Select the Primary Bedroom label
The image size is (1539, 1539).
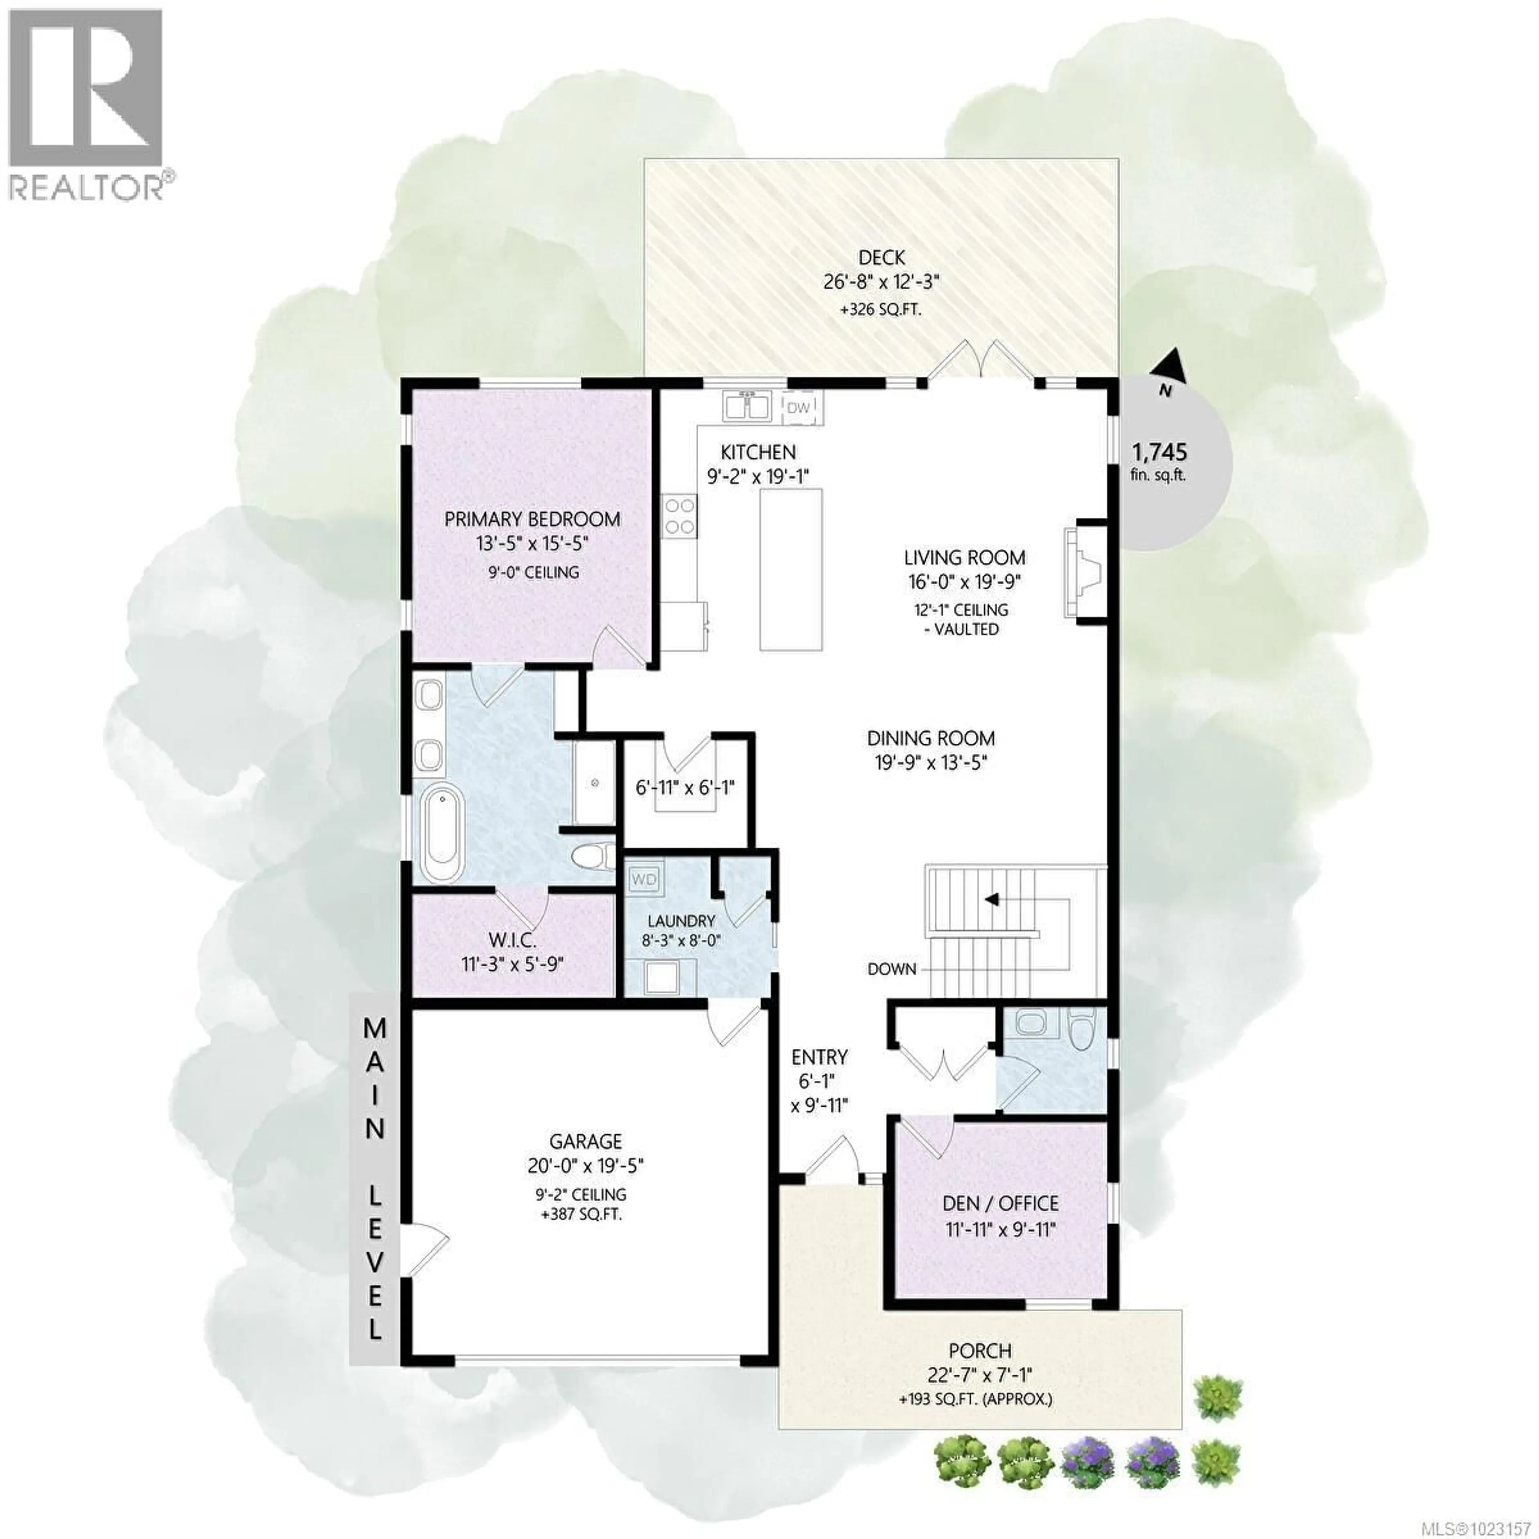click(532, 519)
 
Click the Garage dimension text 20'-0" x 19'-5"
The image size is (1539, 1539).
click(586, 1165)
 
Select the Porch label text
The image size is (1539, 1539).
click(980, 1351)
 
